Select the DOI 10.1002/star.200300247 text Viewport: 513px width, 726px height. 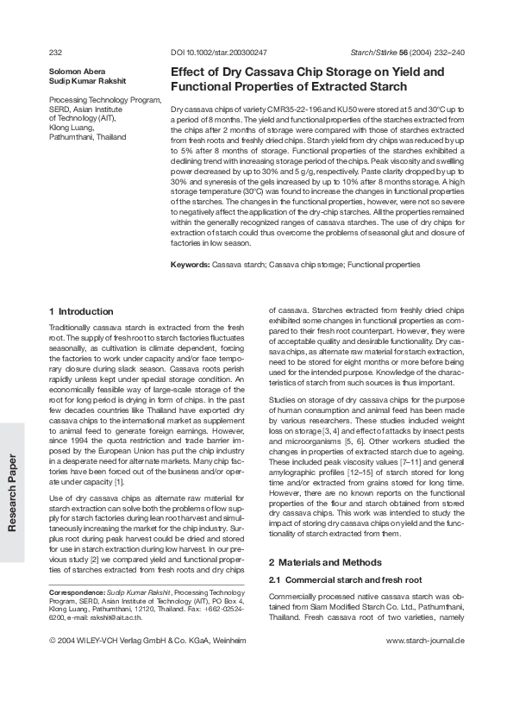point(219,53)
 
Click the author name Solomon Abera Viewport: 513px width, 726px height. point(73,71)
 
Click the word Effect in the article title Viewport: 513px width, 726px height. point(187,72)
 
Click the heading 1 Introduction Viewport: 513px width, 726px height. point(81,311)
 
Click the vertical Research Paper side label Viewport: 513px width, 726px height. point(12,492)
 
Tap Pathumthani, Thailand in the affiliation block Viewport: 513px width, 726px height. point(88,137)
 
